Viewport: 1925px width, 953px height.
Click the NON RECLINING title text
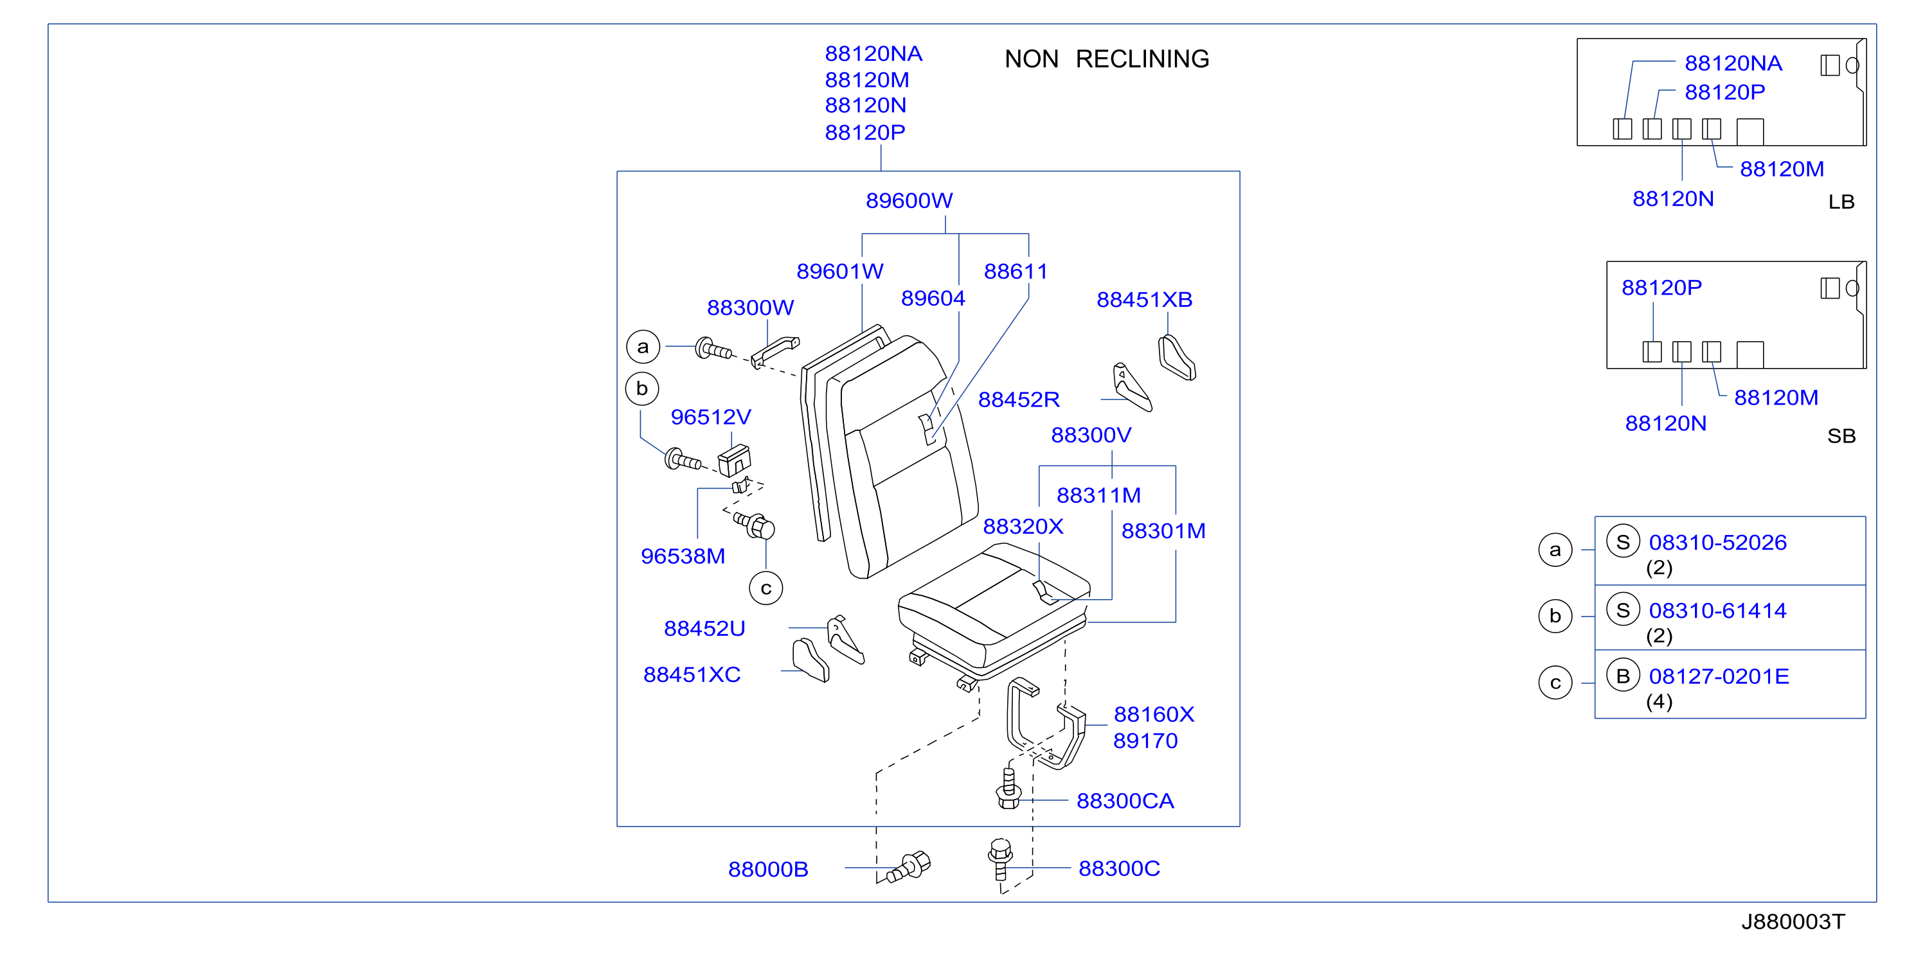tap(1107, 59)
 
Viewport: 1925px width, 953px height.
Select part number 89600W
tap(909, 201)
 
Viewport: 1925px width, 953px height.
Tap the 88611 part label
tap(1016, 272)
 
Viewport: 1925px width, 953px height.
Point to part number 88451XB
tap(1144, 301)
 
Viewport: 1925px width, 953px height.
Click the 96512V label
tap(711, 417)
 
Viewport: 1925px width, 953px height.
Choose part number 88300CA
tap(1125, 801)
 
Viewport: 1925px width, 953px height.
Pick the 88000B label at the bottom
tap(768, 870)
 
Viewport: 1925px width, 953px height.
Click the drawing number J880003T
tap(1793, 922)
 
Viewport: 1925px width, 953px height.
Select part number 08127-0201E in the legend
tap(1719, 677)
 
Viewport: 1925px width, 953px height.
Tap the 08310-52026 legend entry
tap(1717, 543)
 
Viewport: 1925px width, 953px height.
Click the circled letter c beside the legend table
tap(1555, 683)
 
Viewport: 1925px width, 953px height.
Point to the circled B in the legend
tap(1623, 676)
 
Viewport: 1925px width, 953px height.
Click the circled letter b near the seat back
tap(642, 389)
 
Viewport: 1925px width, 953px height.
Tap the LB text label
tap(1841, 202)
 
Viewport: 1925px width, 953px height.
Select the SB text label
tap(1841, 436)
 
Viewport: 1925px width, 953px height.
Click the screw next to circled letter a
tap(713, 349)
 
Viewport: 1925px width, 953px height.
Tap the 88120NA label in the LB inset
tap(1733, 64)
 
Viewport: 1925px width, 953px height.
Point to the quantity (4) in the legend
tap(1659, 702)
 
